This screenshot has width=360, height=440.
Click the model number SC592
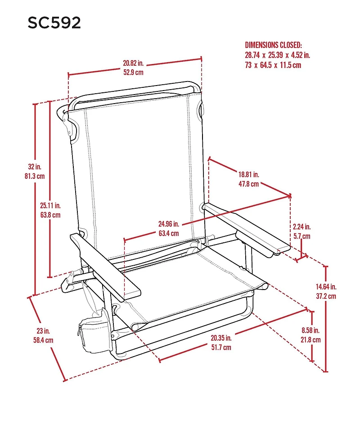(54, 23)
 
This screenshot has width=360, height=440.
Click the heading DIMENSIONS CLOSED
(273, 45)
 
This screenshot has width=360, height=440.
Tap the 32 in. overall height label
(34, 167)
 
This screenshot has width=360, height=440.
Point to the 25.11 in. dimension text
(49, 205)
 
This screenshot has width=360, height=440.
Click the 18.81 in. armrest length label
(249, 174)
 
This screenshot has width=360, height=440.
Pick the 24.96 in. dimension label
(169, 224)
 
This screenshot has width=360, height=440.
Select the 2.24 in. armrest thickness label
(301, 227)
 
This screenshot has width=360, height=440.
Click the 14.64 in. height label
(326, 286)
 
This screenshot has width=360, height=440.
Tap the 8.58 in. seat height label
(311, 330)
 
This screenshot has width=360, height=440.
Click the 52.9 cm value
(134, 73)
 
